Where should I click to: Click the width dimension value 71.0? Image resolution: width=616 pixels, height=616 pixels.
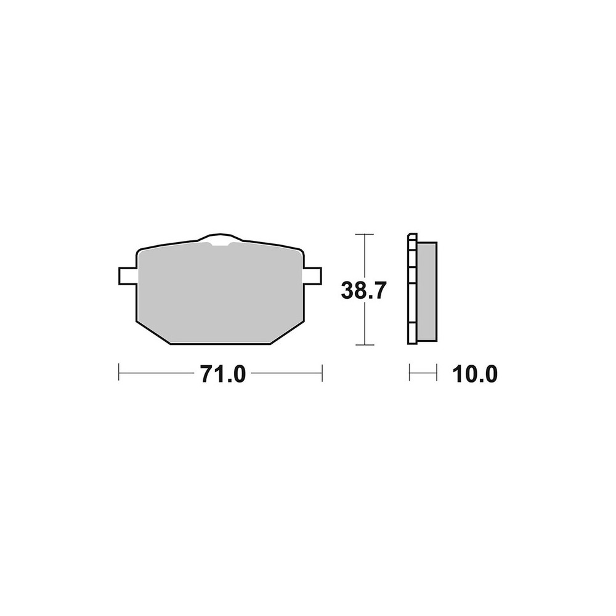pyautogui.click(x=222, y=373)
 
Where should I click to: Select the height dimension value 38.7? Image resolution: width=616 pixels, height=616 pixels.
pyautogui.click(x=363, y=290)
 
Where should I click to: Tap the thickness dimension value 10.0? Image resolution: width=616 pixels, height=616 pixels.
pyautogui.click(x=474, y=373)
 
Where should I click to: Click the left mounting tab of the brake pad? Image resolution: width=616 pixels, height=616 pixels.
pyautogui.click(x=127, y=276)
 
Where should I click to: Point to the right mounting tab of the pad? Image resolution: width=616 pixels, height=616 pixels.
pyautogui.click(x=313, y=276)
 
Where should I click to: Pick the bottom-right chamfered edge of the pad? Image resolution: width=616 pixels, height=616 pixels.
pyautogui.click(x=288, y=333)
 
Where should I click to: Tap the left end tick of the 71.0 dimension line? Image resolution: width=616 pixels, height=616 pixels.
pyautogui.click(x=119, y=373)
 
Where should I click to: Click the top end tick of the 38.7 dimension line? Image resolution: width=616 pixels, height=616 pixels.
pyautogui.click(x=365, y=235)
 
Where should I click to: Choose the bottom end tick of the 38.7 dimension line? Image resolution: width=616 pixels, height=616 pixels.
pyautogui.click(x=365, y=344)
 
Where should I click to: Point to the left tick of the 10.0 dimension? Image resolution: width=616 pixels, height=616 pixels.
pyautogui.click(x=410, y=373)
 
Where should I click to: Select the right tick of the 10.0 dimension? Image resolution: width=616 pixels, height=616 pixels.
pyautogui.click(x=437, y=373)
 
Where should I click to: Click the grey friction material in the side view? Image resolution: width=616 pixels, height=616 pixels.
pyautogui.click(x=427, y=291)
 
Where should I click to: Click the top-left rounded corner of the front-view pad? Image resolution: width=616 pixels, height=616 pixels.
pyautogui.click(x=140, y=251)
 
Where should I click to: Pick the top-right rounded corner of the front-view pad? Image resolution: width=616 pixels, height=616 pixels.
pyautogui.click(x=301, y=251)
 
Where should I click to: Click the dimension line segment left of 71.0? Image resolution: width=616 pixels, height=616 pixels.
pyautogui.click(x=157, y=373)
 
